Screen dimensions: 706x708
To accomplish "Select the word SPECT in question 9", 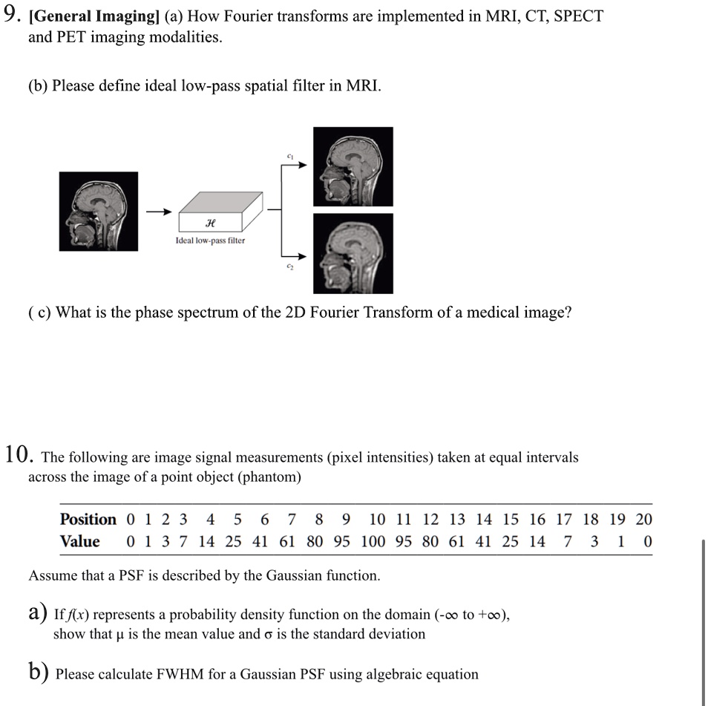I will coord(574,16).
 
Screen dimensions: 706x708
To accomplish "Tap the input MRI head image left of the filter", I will coord(99,212).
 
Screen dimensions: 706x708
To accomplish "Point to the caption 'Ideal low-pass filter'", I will coord(210,241).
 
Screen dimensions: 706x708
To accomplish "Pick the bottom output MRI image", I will coord(353,253).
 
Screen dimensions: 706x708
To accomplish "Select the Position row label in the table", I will coord(88,519).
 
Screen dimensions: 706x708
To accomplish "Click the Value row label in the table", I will coord(79,541).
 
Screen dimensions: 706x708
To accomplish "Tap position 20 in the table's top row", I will coord(644,519).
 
